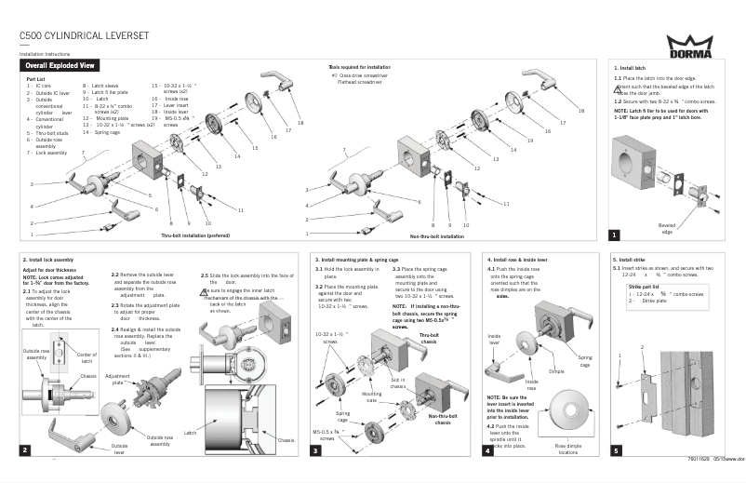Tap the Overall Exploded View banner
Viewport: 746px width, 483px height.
coord(60,67)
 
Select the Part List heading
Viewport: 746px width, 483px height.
coord(35,80)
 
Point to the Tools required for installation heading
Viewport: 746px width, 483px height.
coord(361,69)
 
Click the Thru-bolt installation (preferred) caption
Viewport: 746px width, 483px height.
coord(194,236)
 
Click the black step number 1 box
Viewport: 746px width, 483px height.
coord(614,235)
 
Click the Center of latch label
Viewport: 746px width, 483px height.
coord(87,356)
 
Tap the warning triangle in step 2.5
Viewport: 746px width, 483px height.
coord(205,291)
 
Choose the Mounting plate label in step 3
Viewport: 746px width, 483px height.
coord(372,397)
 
